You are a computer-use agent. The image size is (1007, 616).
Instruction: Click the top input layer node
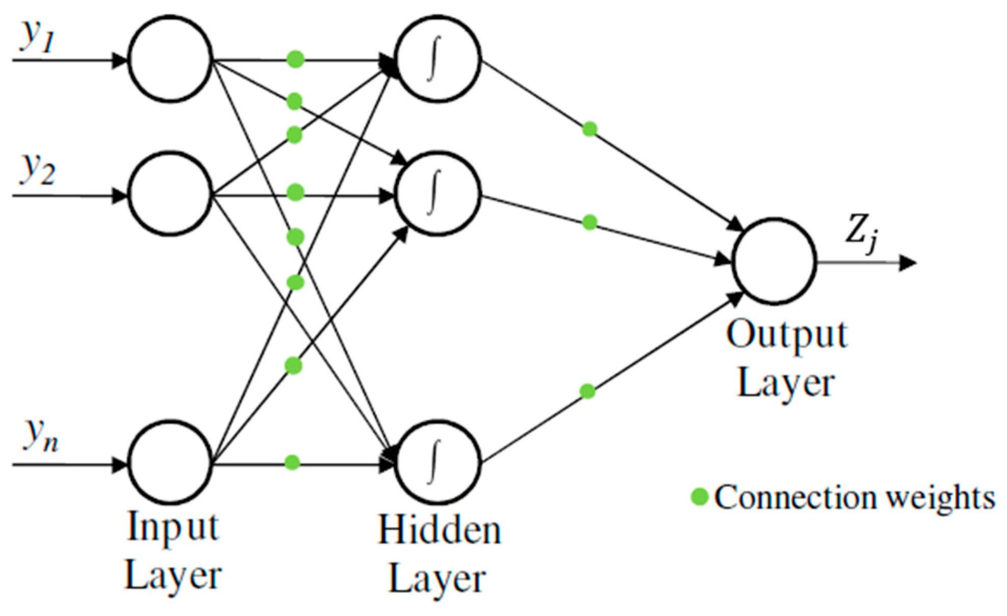170,59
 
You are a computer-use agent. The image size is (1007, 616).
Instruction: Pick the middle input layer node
170,194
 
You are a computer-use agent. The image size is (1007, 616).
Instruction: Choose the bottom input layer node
170,463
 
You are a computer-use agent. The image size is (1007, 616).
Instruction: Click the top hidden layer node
437,59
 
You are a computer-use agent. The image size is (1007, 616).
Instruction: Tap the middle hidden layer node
437,194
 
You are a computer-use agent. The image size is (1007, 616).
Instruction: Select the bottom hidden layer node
437,463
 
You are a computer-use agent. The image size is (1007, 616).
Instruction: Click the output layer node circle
774,262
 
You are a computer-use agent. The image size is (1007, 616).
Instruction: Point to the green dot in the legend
700,496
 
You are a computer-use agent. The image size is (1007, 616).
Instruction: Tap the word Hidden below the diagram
439,530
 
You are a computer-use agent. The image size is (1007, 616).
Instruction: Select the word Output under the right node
787,335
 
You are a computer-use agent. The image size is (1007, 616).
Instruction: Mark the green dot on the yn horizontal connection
292,463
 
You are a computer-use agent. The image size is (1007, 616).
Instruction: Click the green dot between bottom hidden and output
587,392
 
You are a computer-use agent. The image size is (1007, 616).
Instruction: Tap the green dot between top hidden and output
589,129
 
